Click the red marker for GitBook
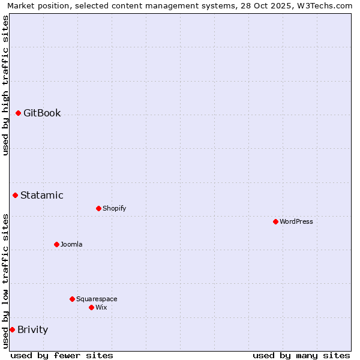click(x=18, y=113)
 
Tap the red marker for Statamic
click(x=15, y=195)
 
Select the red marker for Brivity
click(x=12, y=329)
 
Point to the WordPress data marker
click(x=275, y=221)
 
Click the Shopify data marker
click(x=98, y=208)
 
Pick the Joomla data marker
click(x=56, y=244)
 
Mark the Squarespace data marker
click(x=72, y=299)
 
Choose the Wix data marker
click(x=91, y=307)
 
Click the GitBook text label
click(x=42, y=113)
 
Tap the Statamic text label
click(x=42, y=195)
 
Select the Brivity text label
click(x=33, y=329)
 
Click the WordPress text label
click(x=296, y=221)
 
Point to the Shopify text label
click(x=115, y=208)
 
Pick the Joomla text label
click(x=71, y=244)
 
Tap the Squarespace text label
click(x=97, y=299)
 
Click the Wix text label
click(x=101, y=307)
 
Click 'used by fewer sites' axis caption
click(x=62, y=355)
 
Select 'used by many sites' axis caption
click(x=301, y=355)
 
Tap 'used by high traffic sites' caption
click(x=5, y=85)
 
